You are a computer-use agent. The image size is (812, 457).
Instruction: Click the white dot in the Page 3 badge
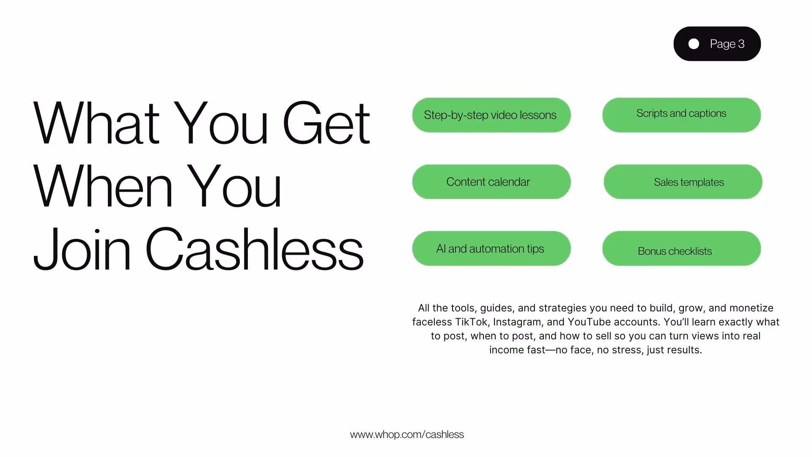(694, 44)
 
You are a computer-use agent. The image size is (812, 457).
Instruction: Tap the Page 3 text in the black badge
(727, 44)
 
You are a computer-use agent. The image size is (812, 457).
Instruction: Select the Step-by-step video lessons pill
(491, 115)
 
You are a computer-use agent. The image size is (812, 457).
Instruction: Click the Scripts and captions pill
(681, 115)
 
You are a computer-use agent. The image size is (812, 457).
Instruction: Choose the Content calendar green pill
(491, 182)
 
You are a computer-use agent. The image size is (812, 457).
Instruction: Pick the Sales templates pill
(683, 182)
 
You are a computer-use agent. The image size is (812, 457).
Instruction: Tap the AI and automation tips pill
(491, 248)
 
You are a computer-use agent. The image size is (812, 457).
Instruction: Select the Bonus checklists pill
(681, 248)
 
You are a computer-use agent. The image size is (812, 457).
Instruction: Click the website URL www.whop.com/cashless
(407, 435)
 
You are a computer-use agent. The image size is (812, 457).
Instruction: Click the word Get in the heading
(326, 123)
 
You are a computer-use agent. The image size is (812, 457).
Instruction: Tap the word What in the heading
(96, 123)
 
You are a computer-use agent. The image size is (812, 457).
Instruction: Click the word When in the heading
(103, 186)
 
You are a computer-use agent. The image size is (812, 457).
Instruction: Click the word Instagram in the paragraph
(517, 322)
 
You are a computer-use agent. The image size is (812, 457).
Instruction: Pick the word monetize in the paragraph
(752, 308)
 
